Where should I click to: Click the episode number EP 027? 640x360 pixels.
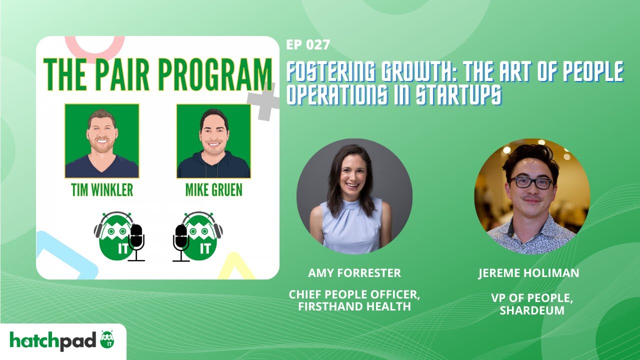308,45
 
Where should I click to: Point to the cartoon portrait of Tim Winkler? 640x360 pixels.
102,141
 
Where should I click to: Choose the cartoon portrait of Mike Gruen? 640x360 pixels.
213,141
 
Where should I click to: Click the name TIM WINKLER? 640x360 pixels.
101,190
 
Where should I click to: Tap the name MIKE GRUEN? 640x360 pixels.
213,190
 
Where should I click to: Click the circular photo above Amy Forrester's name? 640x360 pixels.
354,196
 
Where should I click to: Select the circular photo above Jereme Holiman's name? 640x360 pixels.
532,196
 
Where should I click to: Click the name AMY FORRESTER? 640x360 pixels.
354,273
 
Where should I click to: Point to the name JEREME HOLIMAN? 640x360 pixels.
528,273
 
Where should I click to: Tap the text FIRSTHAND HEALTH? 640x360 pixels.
354,306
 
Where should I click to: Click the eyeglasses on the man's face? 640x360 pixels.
531,182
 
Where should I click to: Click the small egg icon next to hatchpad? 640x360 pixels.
107,340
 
